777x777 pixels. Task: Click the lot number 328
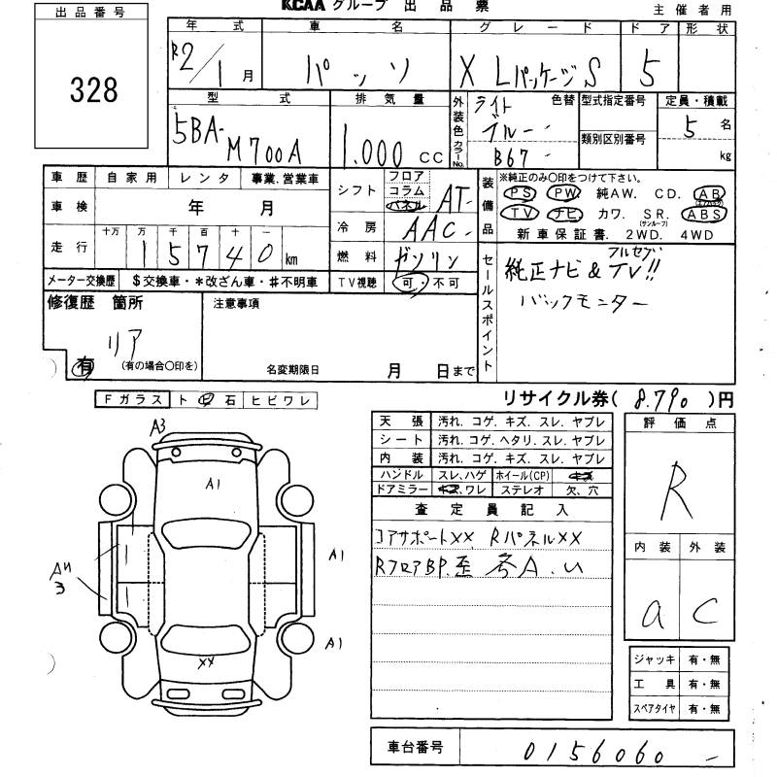(x=93, y=90)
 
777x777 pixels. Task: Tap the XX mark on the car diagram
(x=205, y=663)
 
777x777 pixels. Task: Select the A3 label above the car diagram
(x=157, y=424)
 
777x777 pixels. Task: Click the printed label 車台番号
(x=412, y=748)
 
